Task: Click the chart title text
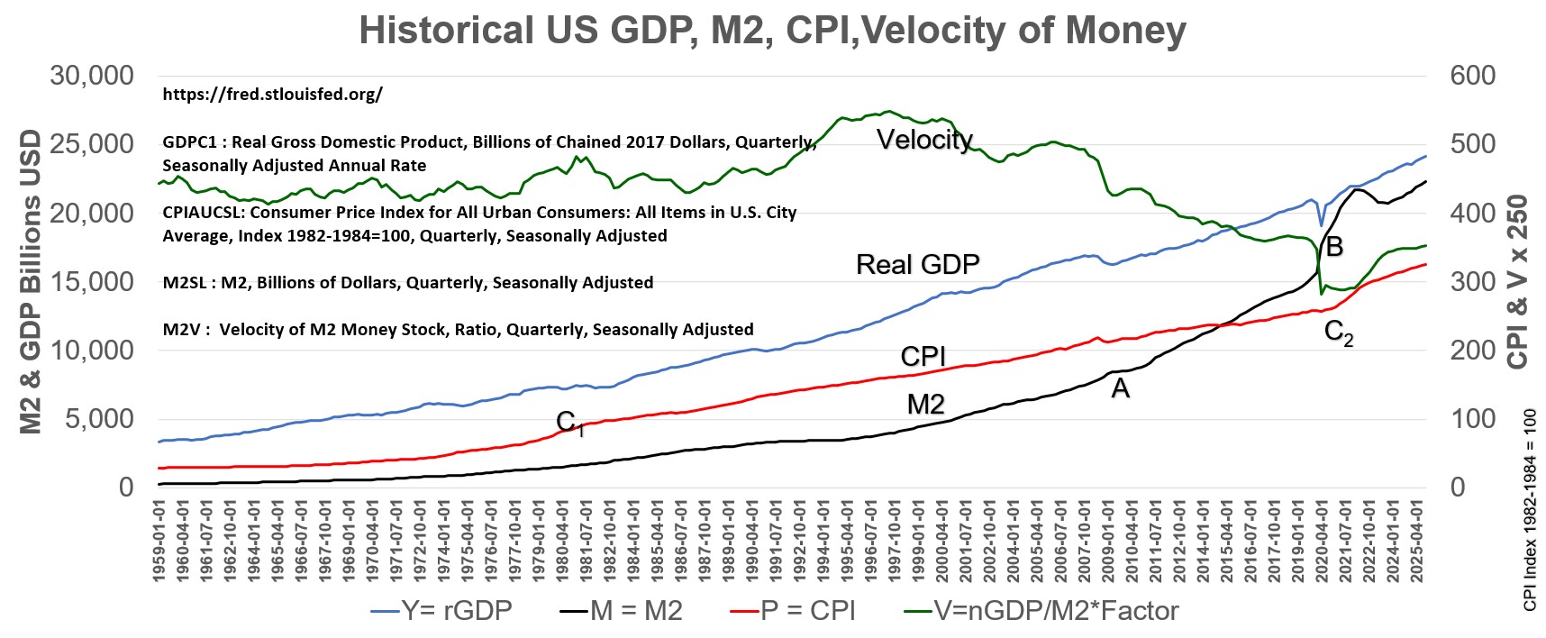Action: click(x=772, y=30)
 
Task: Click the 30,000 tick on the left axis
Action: click(x=92, y=76)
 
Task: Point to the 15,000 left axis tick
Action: click(x=92, y=281)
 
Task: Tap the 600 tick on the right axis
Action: click(x=1472, y=76)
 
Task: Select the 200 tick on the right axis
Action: click(x=1472, y=350)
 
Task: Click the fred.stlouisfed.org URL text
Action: click(x=272, y=95)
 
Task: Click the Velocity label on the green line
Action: click(x=924, y=140)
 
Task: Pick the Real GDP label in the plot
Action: click(x=917, y=264)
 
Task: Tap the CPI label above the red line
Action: click(x=923, y=356)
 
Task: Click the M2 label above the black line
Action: click(x=926, y=405)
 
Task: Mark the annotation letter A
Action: click(x=1120, y=388)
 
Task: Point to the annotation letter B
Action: click(x=1334, y=246)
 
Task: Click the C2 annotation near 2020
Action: click(x=1339, y=333)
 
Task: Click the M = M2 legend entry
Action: click(x=621, y=611)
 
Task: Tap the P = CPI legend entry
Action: click(x=793, y=611)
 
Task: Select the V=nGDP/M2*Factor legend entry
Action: click(x=1041, y=611)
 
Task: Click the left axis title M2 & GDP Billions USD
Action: click(x=31, y=281)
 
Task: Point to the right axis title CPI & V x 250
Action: click(x=1518, y=281)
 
